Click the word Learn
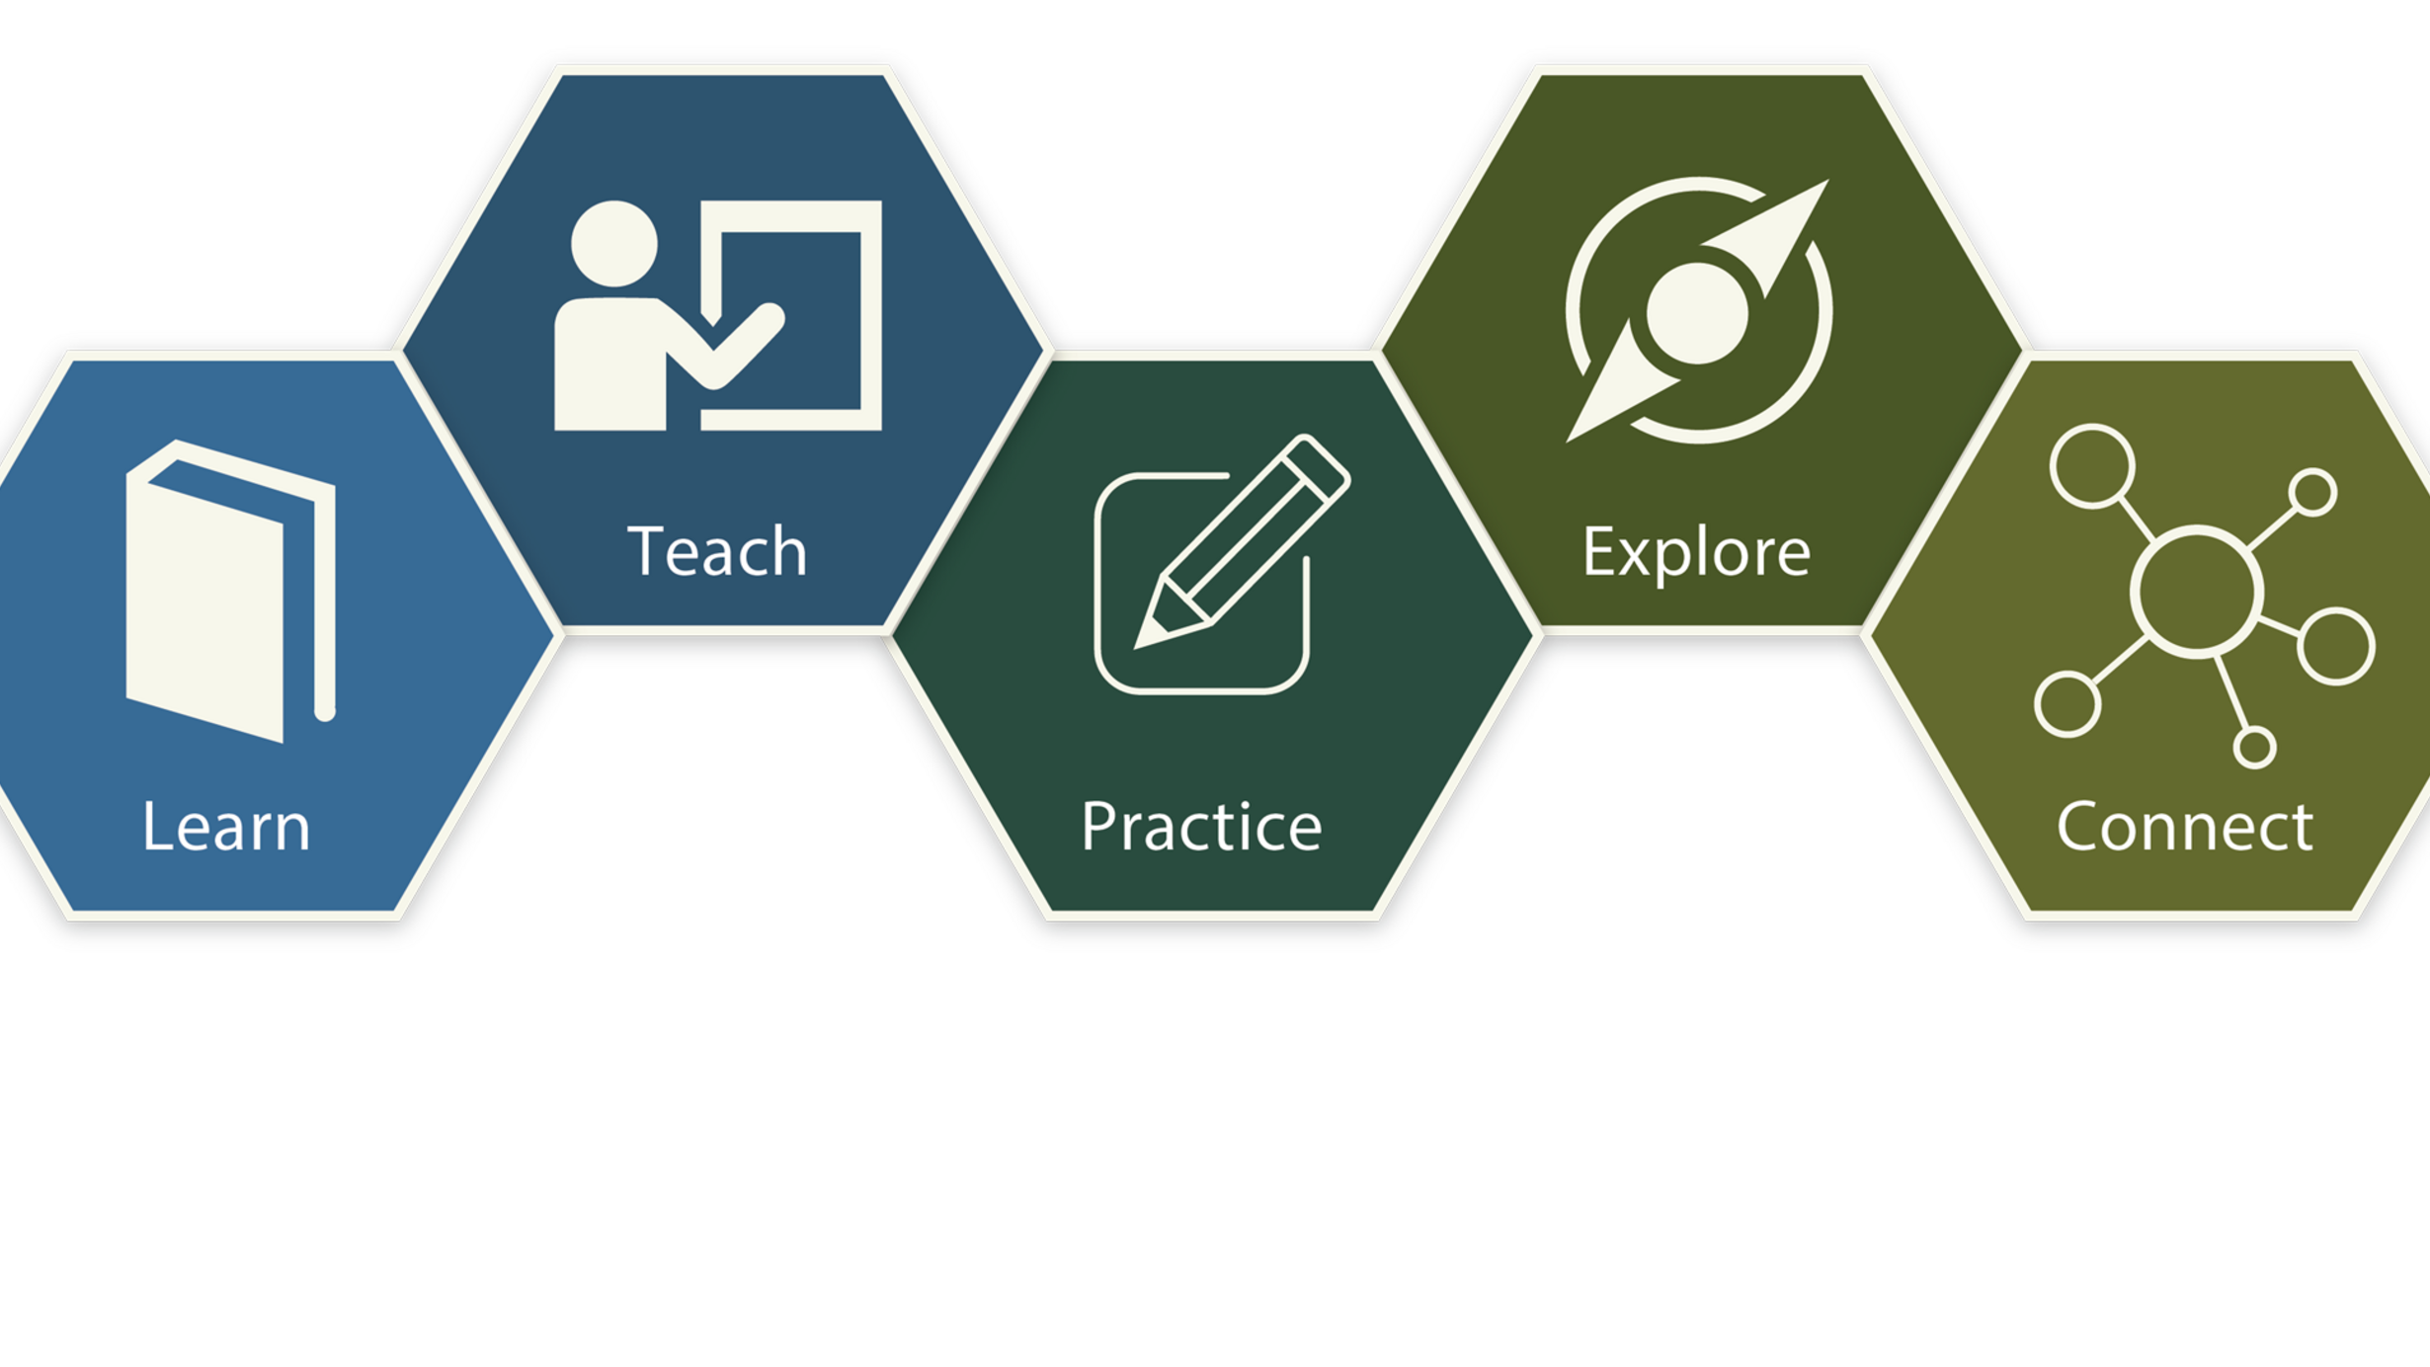pyautogui.click(x=226, y=826)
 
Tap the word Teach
pyautogui.click(x=717, y=550)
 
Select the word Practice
pyautogui.click(x=1201, y=826)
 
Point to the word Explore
pyautogui.click(x=1696, y=551)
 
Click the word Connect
pyautogui.click(x=2184, y=826)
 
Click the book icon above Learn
pyautogui.click(x=231, y=591)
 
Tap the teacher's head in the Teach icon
pyautogui.click(x=614, y=244)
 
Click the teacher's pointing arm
pyautogui.click(x=731, y=346)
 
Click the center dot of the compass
pyautogui.click(x=1697, y=313)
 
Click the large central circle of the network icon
pyautogui.click(x=2196, y=592)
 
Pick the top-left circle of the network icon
pyautogui.click(x=2092, y=466)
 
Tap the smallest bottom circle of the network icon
pyautogui.click(x=2255, y=747)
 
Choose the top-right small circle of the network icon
pyautogui.click(x=2313, y=492)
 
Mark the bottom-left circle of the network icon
pyautogui.click(x=2067, y=704)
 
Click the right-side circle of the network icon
pyautogui.click(x=2336, y=646)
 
